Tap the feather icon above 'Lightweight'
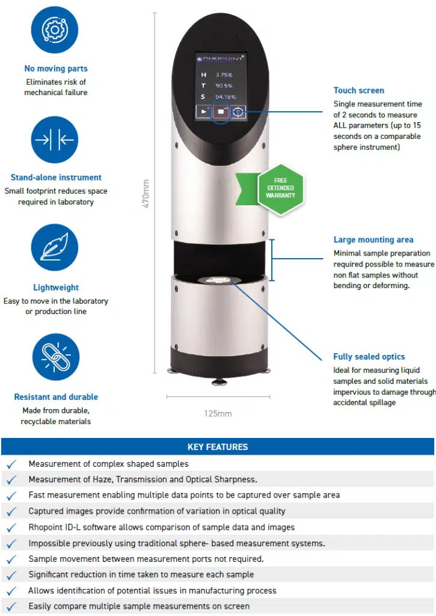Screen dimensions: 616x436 click(x=55, y=248)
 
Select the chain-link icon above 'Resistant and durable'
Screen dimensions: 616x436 click(x=55, y=357)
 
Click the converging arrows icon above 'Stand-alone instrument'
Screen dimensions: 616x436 click(x=55, y=140)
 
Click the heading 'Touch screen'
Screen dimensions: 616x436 click(x=358, y=91)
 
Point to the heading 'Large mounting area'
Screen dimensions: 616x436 click(x=373, y=240)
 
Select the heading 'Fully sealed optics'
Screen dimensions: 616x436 click(x=369, y=357)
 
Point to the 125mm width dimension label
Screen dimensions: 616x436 click(x=218, y=413)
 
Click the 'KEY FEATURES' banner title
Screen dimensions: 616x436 click(x=218, y=447)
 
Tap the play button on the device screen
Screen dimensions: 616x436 click(x=204, y=112)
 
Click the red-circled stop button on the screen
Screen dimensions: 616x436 click(x=221, y=112)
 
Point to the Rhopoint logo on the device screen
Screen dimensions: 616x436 click(x=220, y=59)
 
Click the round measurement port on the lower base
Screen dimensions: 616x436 click(x=220, y=281)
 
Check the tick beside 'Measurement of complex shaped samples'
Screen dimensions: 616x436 click(x=11, y=464)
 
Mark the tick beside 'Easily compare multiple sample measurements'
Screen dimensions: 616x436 click(x=11, y=606)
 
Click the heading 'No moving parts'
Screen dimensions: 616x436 click(x=55, y=69)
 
